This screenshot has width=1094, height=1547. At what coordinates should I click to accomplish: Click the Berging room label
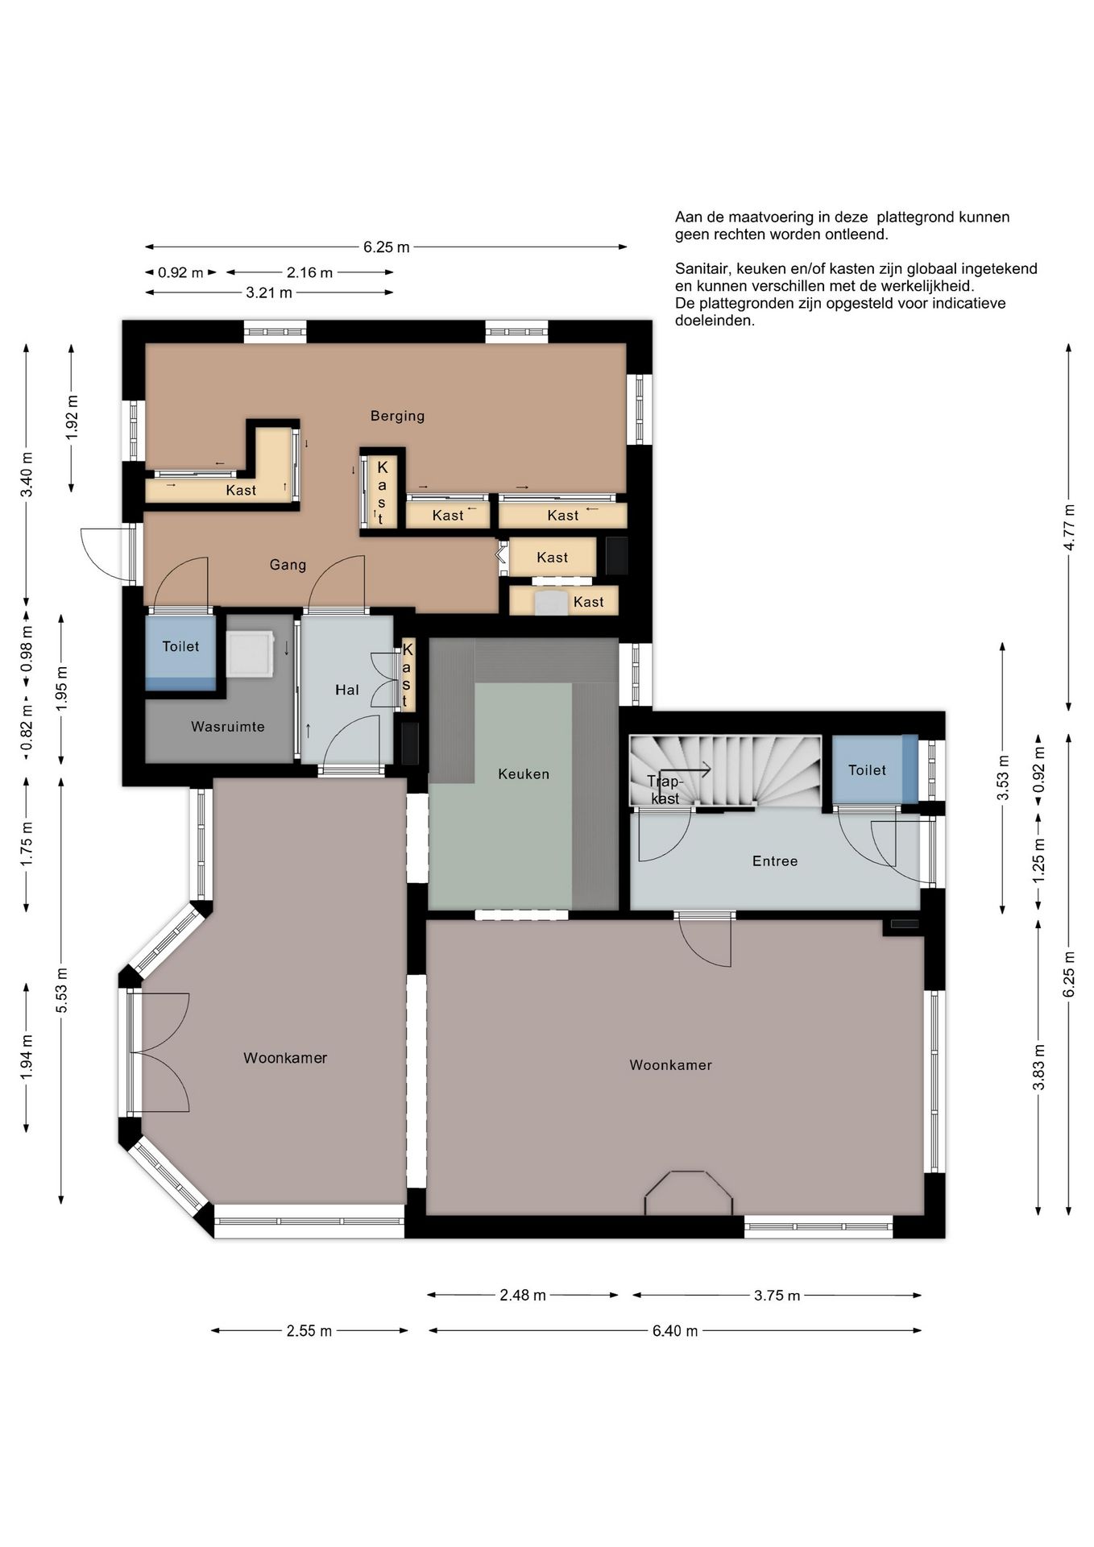pos(397,416)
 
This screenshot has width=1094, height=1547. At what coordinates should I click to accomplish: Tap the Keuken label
pos(524,774)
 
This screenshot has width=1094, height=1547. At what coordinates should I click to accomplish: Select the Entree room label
pos(775,861)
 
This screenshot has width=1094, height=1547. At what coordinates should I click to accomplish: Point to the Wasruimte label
pos(228,727)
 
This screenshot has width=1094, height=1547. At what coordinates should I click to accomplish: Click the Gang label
pos(288,565)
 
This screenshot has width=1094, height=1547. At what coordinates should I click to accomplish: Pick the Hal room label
pos(347,690)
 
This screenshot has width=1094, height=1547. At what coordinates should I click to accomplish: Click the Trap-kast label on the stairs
pos(665,790)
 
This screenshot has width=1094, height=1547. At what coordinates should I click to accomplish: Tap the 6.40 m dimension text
pos(675,1331)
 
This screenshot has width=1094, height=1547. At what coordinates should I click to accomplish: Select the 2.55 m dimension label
pos(309,1331)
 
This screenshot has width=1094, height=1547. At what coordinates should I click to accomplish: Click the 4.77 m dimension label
pos(1069,527)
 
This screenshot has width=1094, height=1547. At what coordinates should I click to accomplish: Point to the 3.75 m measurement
pos(777,1296)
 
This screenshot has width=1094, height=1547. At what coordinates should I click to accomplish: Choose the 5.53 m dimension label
pos(61,990)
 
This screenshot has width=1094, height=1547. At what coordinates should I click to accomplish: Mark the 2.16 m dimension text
pos(310,272)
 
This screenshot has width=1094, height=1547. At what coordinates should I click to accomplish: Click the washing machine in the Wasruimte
pos(251,653)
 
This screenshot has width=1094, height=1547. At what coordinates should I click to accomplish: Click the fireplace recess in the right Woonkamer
pos(688,1192)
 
